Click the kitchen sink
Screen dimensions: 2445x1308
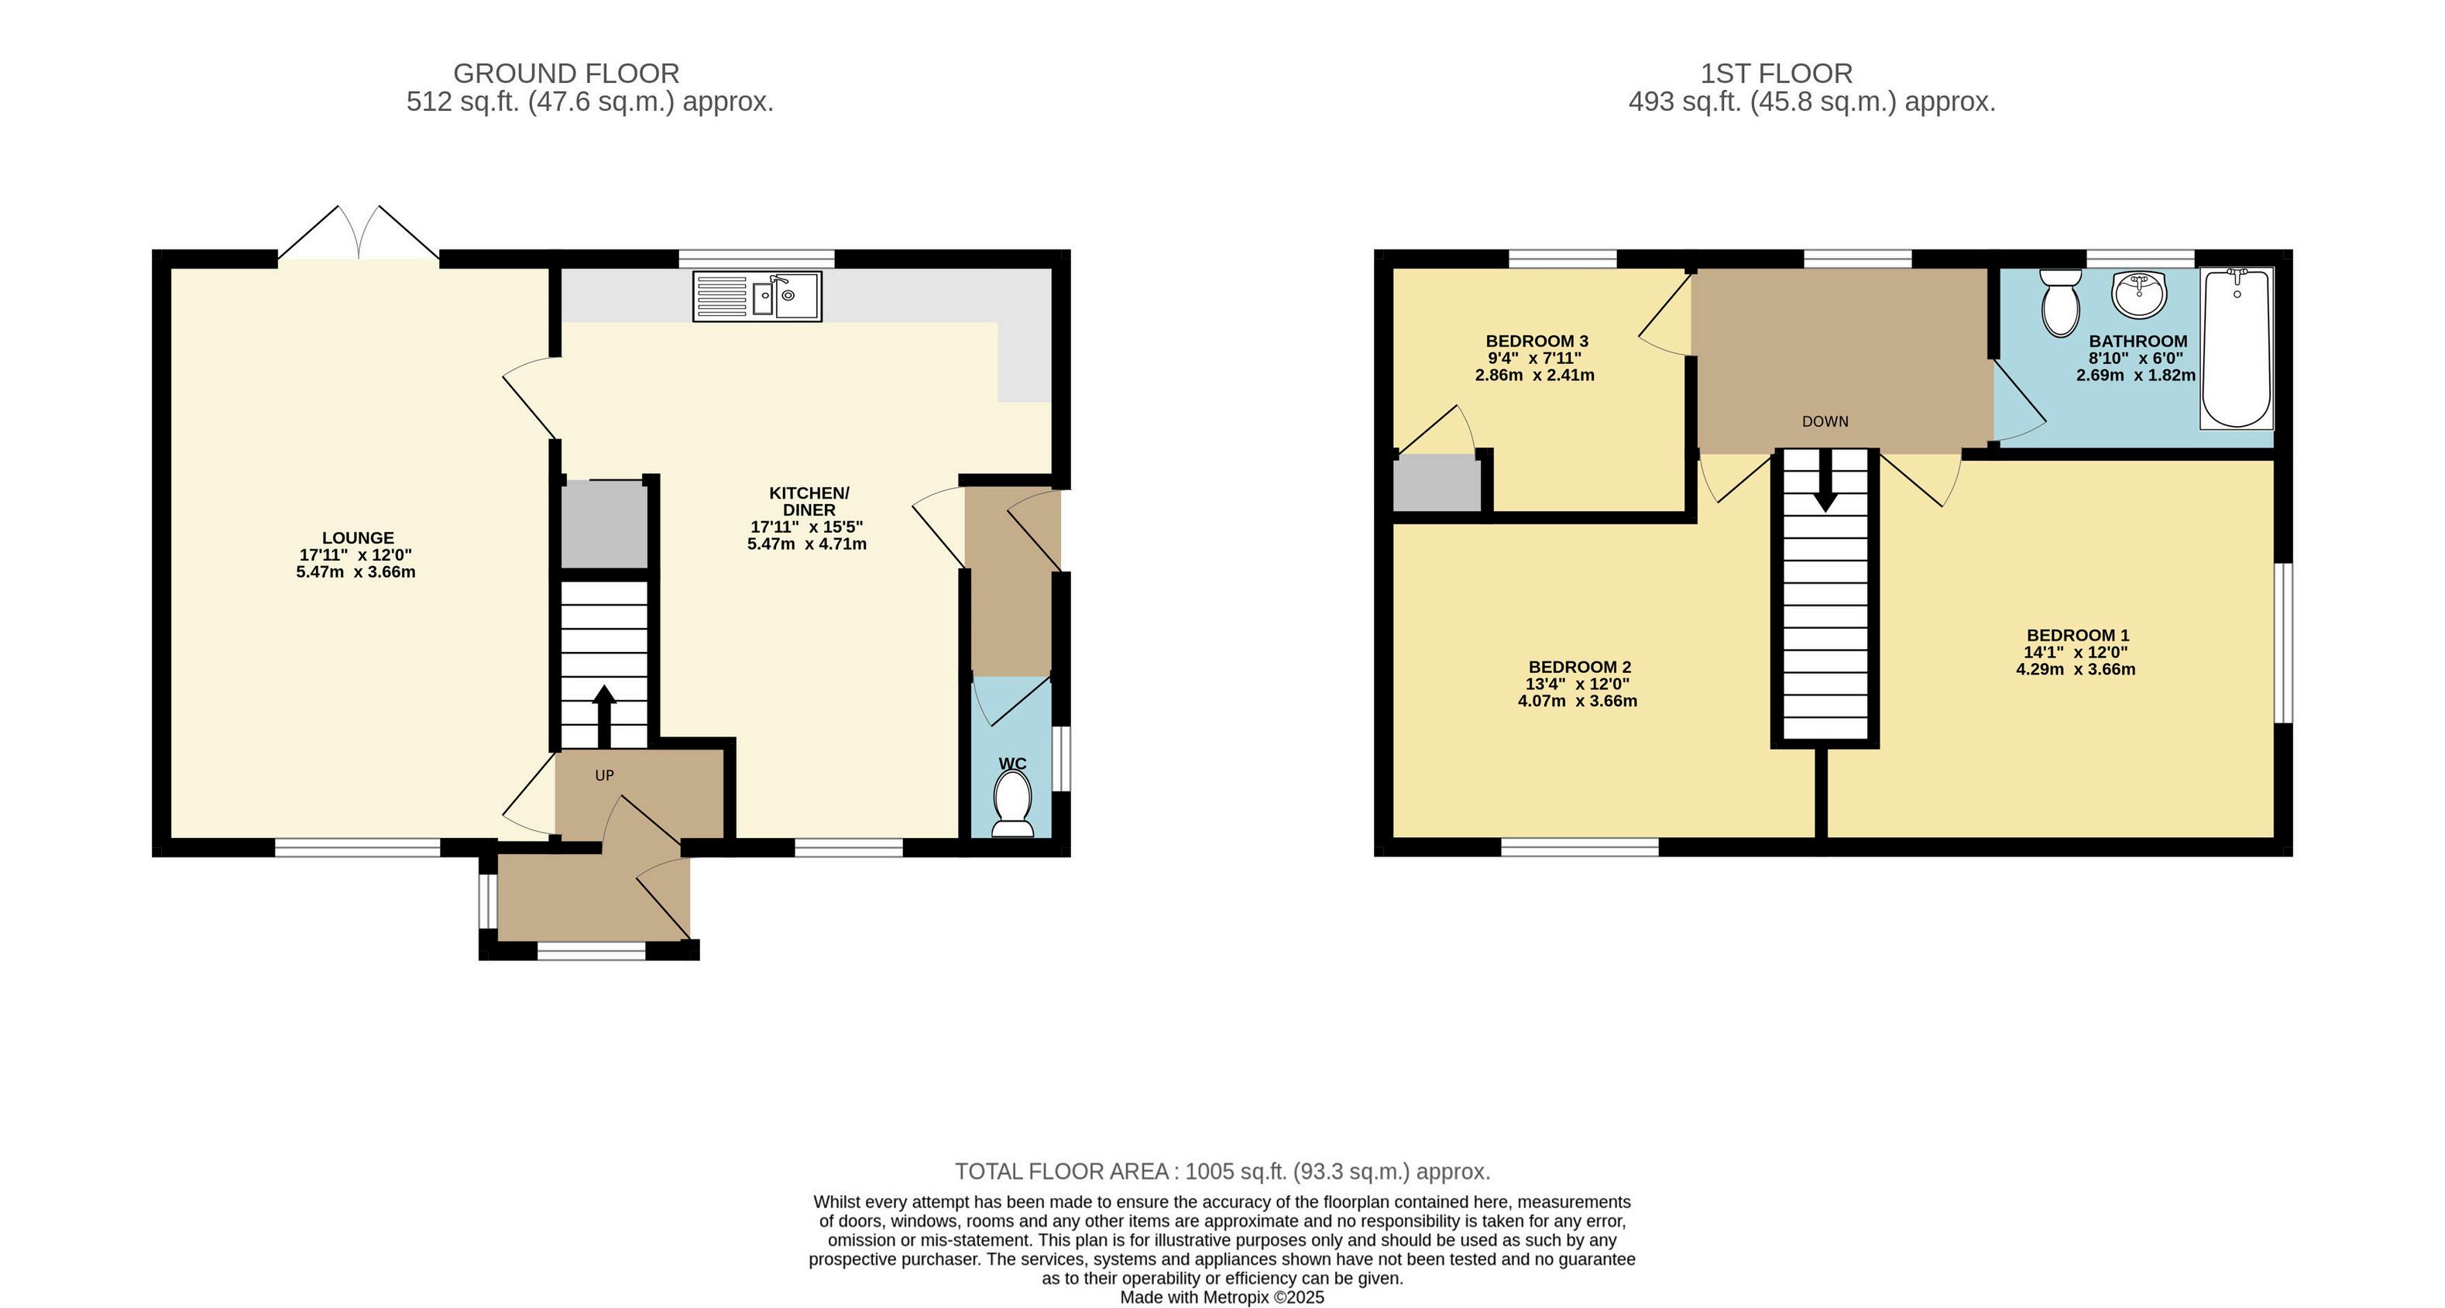click(x=757, y=295)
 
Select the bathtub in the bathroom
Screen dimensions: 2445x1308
click(x=2236, y=348)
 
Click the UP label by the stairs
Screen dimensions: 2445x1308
click(x=605, y=775)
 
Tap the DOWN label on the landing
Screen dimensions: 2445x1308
click(x=1825, y=421)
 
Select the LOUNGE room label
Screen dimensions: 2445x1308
click(x=358, y=538)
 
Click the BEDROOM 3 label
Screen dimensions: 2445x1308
click(x=1537, y=341)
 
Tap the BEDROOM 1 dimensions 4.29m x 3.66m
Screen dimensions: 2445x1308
click(x=2076, y=669)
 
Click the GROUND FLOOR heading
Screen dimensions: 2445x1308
click(x=567, y=73)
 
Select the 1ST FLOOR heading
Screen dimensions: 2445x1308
click(x=1776, y=73)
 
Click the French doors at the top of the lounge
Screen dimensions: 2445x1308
click(x=359, y=232)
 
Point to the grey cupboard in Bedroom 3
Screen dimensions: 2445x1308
click(x=1436, y=484)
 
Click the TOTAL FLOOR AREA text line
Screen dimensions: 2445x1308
click(x=1222, y=1172)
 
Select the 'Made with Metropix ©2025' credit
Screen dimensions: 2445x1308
click(x=1222, y=1296)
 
